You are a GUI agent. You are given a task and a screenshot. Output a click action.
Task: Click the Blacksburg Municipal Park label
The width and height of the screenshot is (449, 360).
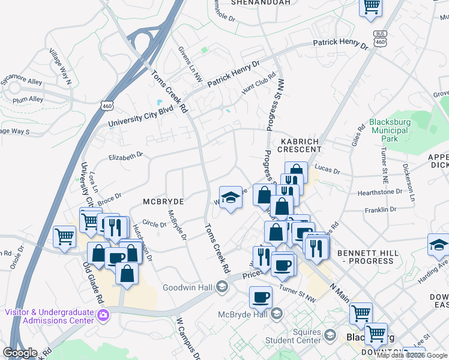pos(390,130)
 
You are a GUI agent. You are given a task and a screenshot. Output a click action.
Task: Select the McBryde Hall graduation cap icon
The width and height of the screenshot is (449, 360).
pos(277,313)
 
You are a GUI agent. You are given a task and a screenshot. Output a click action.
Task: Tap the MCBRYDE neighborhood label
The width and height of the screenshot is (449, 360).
pos(162,202)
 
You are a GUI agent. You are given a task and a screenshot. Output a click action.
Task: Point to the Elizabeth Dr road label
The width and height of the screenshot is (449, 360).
pos(125,155)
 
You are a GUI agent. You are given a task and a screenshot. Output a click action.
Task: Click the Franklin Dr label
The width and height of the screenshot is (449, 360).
pos(381,210)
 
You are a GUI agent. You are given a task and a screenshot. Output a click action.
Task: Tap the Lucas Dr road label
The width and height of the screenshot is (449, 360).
pos(327,170)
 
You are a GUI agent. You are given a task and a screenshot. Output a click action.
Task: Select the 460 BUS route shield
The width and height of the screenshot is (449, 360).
pos(379,37)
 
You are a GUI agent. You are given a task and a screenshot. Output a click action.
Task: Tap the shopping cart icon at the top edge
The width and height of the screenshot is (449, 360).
pos(371,6)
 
